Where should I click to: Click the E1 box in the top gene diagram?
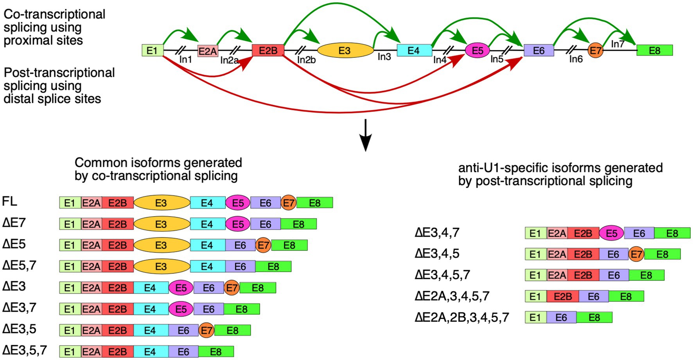[152, 50]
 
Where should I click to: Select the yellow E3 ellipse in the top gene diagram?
[345, 50]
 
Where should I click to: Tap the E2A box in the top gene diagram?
[207, 51]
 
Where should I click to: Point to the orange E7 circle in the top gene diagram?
[595, 50]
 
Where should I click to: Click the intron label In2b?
[306, 60]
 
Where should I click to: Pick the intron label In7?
[618, 44]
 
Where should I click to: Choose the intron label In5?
[497, 59]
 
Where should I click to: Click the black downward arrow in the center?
[365, 135]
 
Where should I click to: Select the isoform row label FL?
[10, 201]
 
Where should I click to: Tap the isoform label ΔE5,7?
[19, 265]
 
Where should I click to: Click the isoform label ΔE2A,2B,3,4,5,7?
[461, 317]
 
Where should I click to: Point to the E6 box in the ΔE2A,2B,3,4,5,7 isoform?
[561, 317]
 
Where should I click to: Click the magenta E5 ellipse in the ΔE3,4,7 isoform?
[611, 233]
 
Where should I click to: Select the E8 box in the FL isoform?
[314, 203]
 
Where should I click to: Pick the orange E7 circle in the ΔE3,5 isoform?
[206, 330]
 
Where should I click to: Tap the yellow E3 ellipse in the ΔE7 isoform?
[162, 224]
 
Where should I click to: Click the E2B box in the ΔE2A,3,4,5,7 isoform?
[562, 296]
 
